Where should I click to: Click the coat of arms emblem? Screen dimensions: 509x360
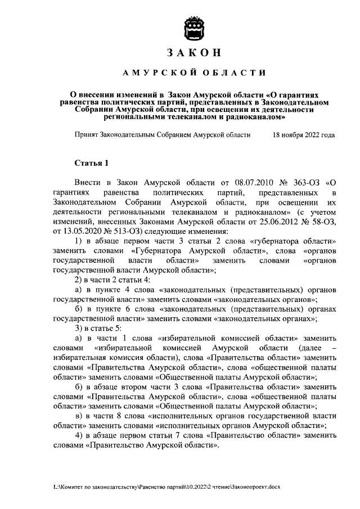194,29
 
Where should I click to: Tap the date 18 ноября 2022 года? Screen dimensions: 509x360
304,136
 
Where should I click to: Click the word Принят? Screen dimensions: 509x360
87,136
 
